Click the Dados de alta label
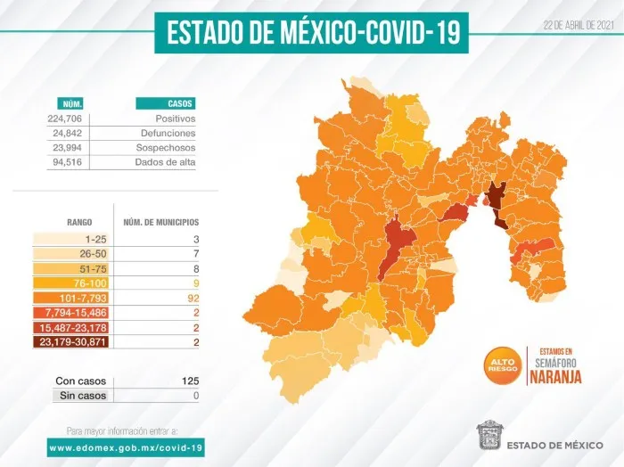tap(165, 161)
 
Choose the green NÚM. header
tap(70, 103)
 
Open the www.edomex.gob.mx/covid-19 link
tap(127, 447)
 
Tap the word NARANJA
tap(554, 376)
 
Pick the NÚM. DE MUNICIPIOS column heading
tap(160, 221)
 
